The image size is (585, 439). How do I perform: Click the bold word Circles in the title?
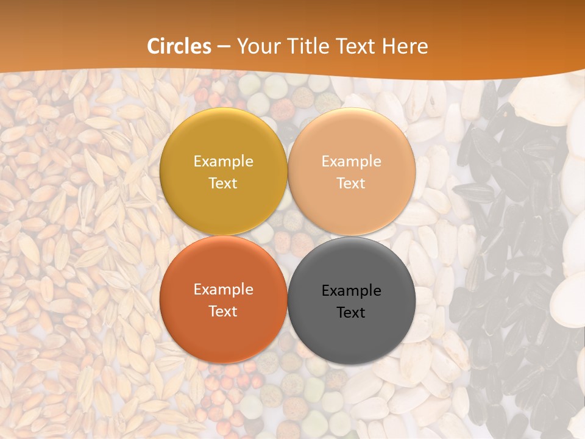(x=179, y=46)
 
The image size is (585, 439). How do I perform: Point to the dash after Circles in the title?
(x=224, y=47)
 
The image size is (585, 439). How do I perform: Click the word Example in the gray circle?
(x=352, y=291)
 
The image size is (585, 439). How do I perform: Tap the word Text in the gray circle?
(x=352, y=313)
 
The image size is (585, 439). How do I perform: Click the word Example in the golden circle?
(x=223, y=162)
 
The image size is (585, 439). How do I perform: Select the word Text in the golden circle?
(x=223, y=184)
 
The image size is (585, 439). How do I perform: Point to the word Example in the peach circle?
(x=352, y=162)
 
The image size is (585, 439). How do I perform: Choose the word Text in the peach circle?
(x=352, y=184)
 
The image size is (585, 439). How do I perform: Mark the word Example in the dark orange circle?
(x=223, y=290)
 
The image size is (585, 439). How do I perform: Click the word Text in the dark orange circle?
(x=223, y=312)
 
